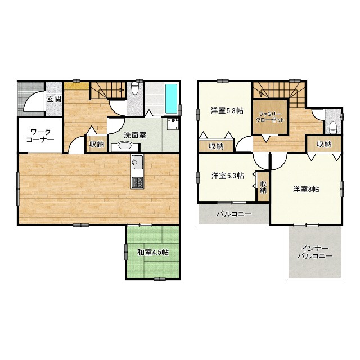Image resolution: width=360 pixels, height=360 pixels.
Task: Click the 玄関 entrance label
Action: coord(54,99)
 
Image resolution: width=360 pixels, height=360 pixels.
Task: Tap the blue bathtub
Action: coord(171,99)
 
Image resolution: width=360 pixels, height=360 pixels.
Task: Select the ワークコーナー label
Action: coord(40,136)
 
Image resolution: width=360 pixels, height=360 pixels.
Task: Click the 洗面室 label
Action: coord(135,135)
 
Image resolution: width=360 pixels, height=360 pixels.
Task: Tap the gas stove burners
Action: coord(137,183)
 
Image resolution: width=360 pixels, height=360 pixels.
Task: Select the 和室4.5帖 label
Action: coord(153,253)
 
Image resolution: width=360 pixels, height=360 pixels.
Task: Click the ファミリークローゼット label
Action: coord(270,117)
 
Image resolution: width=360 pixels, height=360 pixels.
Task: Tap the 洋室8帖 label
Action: coord(306,190)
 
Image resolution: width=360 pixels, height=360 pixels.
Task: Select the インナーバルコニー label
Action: coord(315,252)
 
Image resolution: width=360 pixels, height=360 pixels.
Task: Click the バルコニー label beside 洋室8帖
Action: coord(234,214)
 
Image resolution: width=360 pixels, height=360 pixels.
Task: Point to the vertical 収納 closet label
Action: coord(263,187)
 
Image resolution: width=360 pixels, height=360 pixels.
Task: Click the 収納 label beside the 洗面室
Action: coord(97,145)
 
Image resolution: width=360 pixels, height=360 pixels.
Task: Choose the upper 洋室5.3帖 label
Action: coord(227,111)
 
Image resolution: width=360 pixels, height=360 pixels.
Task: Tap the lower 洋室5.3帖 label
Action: coord(228,176)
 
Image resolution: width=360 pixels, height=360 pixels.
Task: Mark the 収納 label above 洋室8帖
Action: coord(324,144)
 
